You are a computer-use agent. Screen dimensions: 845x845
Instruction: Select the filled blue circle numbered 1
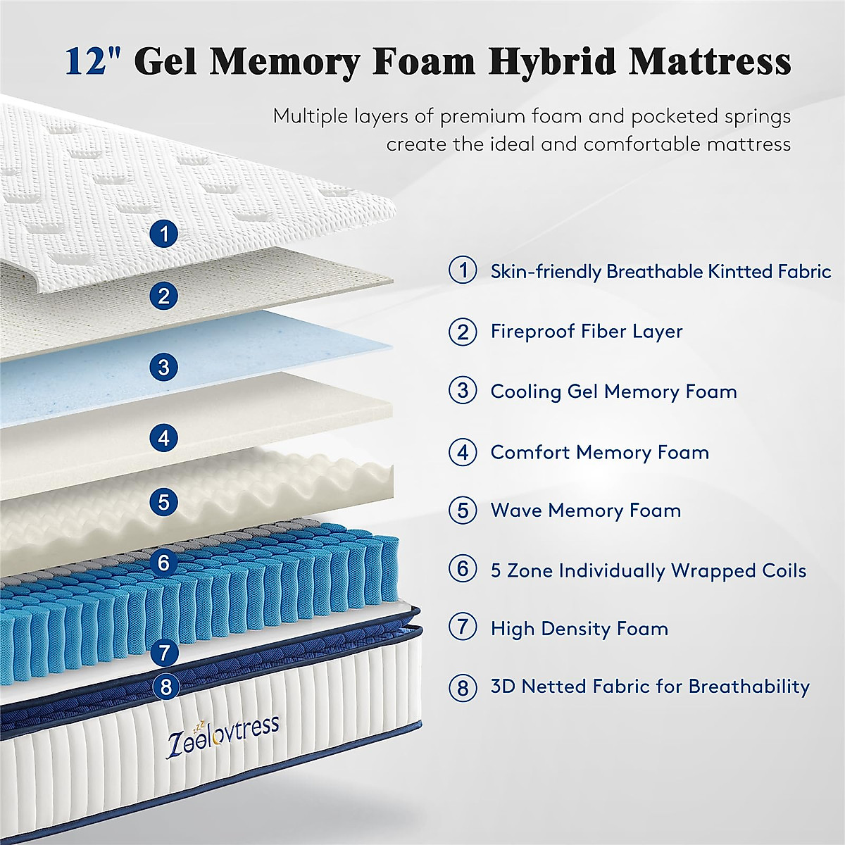pyautogui.click(x=164, y=233)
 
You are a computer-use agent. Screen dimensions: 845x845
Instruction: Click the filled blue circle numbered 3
pyautogui.click(x=164, y=367)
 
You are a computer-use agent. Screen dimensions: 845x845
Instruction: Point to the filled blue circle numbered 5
pyautogui.click(x=164, y=502)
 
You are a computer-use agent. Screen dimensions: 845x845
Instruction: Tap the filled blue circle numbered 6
pyautogui.click(x=164, y=562)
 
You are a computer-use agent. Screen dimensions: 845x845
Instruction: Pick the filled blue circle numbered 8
pyautogui.click(x=166, y=686)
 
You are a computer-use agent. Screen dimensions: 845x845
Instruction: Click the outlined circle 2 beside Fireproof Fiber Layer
pyautogui.click(x=463, y=331)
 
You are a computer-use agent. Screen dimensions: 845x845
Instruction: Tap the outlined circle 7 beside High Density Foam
pyautogui.click(x=463, y=627)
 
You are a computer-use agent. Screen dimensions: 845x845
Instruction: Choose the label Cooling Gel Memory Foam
pyautogui.click(x=613, y=392)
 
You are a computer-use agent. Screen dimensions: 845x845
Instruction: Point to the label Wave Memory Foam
pyautogui.click(x=585, y=511)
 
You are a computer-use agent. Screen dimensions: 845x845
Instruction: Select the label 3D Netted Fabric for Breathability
pyautogui.click(x=649, y=687)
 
